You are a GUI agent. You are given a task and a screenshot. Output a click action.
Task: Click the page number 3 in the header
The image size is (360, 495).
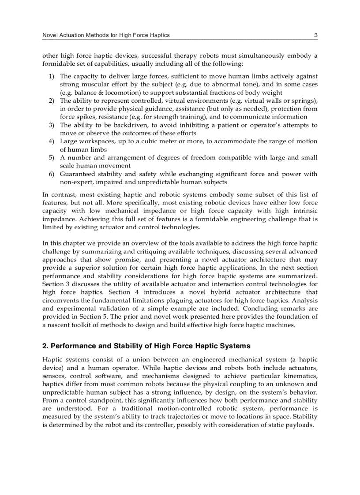[315, 35]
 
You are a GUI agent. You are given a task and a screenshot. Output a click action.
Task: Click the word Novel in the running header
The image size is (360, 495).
[50, 35]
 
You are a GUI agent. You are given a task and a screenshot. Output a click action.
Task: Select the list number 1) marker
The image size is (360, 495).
[52, 76]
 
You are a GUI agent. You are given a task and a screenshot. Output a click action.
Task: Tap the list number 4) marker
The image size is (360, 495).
[52, 141]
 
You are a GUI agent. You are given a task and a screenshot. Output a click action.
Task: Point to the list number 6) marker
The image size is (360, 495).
[52, 174]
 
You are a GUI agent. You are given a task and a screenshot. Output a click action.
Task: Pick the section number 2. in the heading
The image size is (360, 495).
[45, 346]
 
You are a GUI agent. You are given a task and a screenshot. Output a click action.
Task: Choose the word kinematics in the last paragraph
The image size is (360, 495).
[301, 376]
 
